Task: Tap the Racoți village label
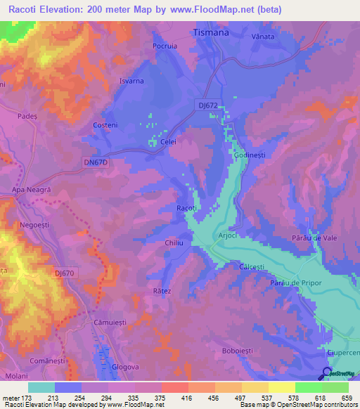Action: pos(186,209)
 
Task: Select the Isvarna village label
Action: pos(131,81)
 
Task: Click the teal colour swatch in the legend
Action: pos(41,387)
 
